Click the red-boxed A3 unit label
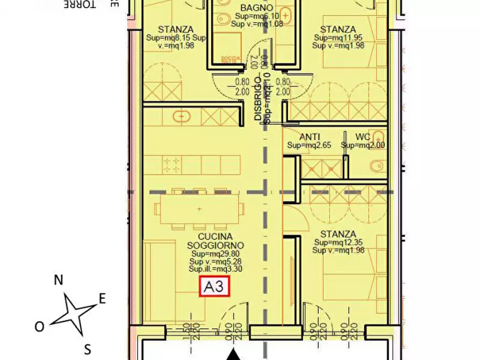(x=215, y=287)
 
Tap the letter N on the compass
(x=59, y=279)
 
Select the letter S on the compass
(x=87, y=349)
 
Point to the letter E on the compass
(x=102, y=299)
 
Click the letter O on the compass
(x=39, y=326)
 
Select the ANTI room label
(x=309, y=136)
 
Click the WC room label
(x=363, y=136)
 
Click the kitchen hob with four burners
(x=172, y=164)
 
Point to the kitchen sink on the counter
(x=182, y=116)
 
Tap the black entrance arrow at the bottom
(x=233, y=355)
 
